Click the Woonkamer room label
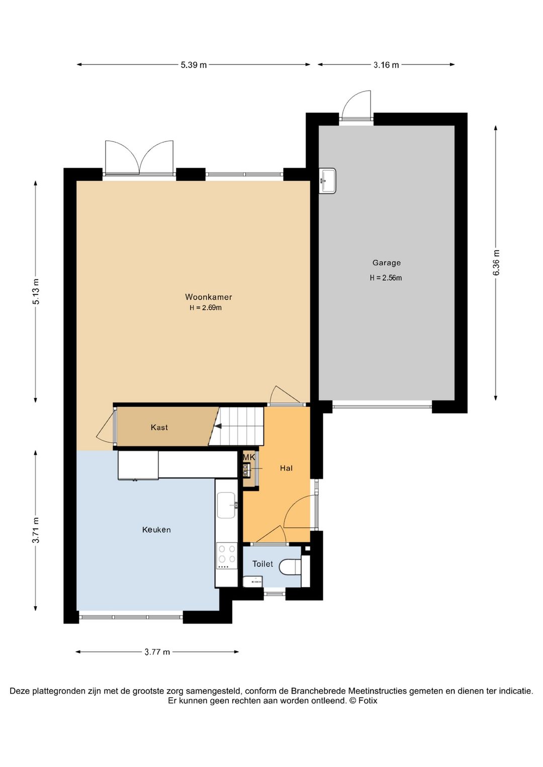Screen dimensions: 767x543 (x=208, y=297)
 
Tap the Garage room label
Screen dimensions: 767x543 (x=386, y=262)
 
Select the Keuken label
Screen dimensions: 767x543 (x=156, y=530)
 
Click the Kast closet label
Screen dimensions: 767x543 (x=159, y=427)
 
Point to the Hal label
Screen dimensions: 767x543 (x=286, y=468)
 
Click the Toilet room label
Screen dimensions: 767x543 (x=262, y=564)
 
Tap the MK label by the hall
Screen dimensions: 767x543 (x=249, y=457)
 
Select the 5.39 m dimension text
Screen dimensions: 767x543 (x=194, y=65)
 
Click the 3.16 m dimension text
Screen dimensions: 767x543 (x=386, y=65)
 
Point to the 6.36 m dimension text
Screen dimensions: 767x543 (x=496, y=262)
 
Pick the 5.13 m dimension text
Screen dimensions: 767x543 (x=36, y=291)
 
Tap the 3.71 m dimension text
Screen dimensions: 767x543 (x=36, y=530)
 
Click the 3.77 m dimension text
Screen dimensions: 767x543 (x=157, y=652)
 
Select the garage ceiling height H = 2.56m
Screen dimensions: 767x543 (x=386, y=278)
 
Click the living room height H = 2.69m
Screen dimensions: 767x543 (x=205, y=308)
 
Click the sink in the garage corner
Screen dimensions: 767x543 (x=328, y=180)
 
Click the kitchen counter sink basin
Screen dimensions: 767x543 (x=226, y=505)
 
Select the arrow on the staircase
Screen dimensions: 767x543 (x=218, y=426)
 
